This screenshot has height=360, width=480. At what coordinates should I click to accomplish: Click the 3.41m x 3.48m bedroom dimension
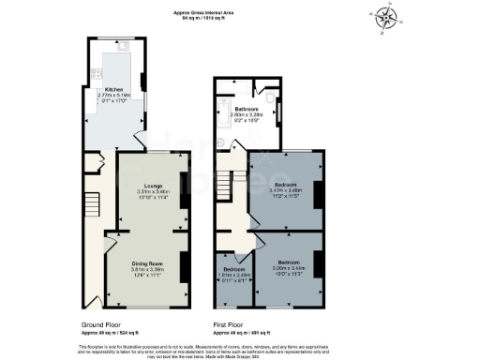click(284, 189)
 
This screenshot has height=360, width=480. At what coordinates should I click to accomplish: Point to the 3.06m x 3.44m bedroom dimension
click(289, 266)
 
